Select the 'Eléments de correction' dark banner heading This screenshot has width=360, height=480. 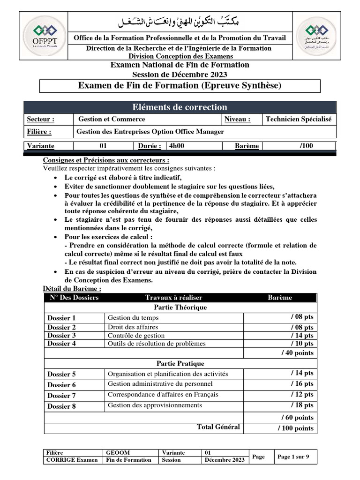point(180,107)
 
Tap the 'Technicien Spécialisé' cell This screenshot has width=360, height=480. point(298,120)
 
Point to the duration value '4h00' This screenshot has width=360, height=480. point(176,146)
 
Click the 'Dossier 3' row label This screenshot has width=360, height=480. point(61,336)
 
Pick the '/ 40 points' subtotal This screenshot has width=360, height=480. point(297,353)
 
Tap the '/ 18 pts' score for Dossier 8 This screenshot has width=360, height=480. point(302,405)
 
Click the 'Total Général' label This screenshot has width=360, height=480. point(218,427)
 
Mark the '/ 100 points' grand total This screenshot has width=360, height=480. point(295,428)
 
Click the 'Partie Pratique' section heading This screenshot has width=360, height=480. point(180,363)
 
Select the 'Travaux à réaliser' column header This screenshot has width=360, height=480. point(173,298)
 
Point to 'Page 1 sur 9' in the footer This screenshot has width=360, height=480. point(293,457)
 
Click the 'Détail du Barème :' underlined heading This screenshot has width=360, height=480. point(72,289)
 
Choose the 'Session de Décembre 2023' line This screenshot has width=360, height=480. point(180,75)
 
